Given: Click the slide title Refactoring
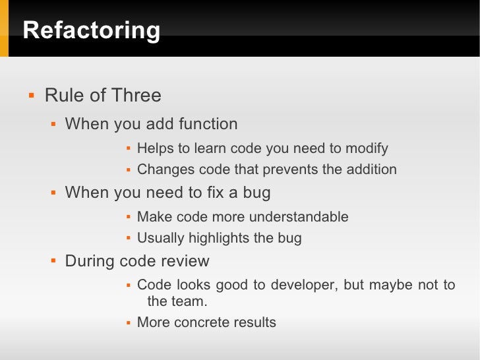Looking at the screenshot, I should [x=91, y=31].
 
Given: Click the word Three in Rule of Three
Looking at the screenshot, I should [x=136, y=96].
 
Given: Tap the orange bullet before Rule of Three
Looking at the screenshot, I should [x=30, y=96].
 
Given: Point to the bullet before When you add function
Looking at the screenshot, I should [x=54, y=124].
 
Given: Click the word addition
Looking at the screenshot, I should [x=371, y=169].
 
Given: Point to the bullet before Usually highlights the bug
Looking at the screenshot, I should [x=129, y=239].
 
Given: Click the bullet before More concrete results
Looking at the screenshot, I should [x=129, y=323].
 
